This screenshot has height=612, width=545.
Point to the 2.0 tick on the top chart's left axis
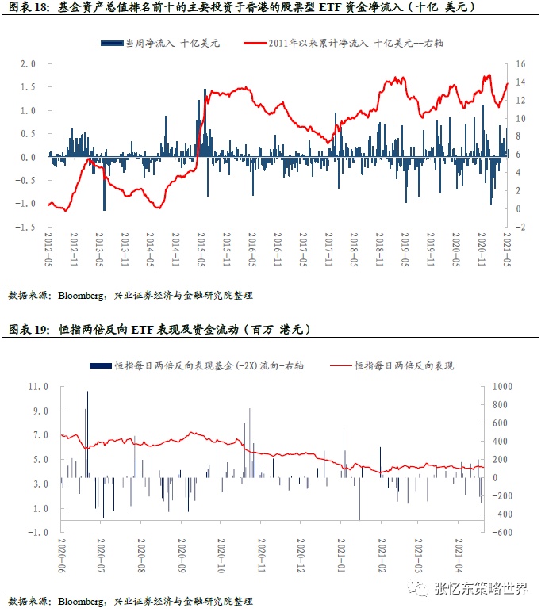[29, 63]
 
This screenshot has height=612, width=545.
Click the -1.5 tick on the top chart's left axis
[27, 228]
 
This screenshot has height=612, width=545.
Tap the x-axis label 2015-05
[201, 248]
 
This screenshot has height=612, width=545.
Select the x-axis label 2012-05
[48, 248]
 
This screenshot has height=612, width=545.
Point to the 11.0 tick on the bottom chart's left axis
[38, 386]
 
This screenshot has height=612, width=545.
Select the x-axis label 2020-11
[261, 558]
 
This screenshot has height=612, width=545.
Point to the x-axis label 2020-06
[61, 558]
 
